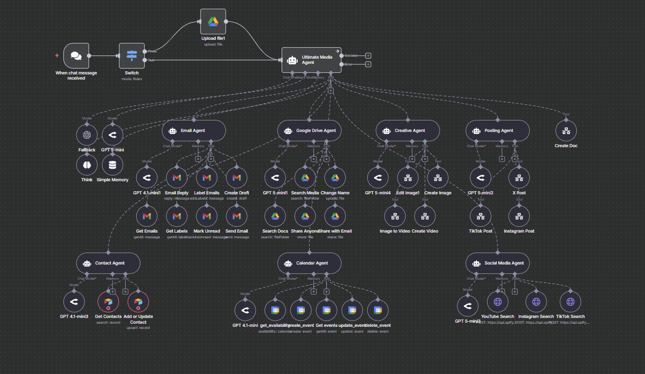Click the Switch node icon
pyautogui.click(x=132, y=56)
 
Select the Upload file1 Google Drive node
pyautogui.click(x=213, y=21)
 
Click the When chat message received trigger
pyautogui.click(x=76, y=56)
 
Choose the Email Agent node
pyautogui.click(x=193, y=130)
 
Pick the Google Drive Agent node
pyautogui.click(x=309, y=130)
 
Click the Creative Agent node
pyautogui.click(x=408, y=130)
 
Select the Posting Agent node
pyautogui.click(x=497, y=130)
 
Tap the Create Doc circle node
pyautogui.click(x=566, y=131)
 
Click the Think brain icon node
pyautogui.click(x=87, y=165)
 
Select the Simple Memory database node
pyautogui.click(x=112, y=165)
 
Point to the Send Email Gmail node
pyautogui.click(x=237, y=216)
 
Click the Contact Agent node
pyautogui.click(x=108, y=263)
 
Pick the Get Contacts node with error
pyautogui.click(x=108, y=302)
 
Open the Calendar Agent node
pyautogui.click(x=309, y=263)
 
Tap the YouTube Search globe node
pyautogui.click(x=498, y=302)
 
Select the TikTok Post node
pyautogui.click(x=480, y=216)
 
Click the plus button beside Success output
pyautogui.click(x=368, y=55)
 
